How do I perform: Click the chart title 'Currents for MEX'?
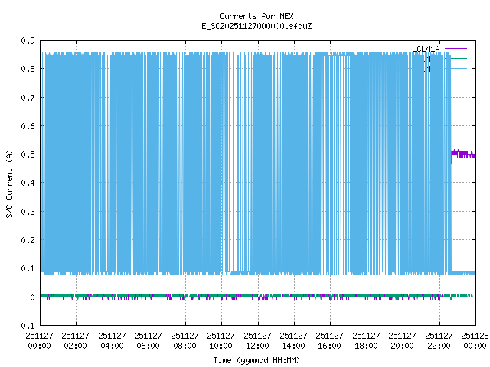coord(256,16)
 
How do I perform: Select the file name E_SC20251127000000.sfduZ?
coord(256,26)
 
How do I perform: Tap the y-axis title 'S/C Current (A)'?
coord(9,183)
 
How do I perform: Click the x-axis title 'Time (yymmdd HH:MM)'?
coord(256,359)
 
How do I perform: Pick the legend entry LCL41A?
coord(426,50)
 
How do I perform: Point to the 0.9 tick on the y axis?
coord(27,41)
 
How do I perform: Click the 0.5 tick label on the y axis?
coord(27,154)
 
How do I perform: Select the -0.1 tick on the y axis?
coord(25,326)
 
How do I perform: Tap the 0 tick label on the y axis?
coord(31,297)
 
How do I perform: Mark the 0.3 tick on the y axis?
coord(27,212)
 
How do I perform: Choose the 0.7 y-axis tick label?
coord(27,98)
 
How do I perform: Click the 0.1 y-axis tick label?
coord(27,269)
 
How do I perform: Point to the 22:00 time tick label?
coord(439,340)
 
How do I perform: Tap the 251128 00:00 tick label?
coord(475,340)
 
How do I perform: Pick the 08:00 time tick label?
coord(185,340)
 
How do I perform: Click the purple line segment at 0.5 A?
coord(464,154)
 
